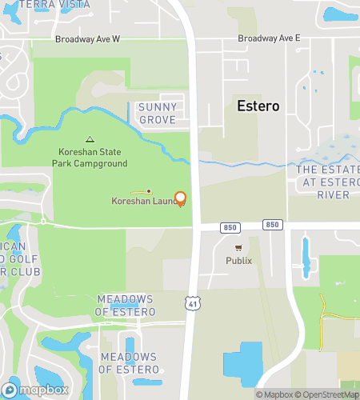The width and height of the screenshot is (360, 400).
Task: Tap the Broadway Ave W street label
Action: tap(87, 38)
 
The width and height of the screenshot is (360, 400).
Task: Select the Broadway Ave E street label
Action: tap(269, 38)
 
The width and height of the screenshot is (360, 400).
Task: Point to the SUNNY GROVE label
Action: tap(158, 114)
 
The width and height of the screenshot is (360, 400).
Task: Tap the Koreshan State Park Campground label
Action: tap(90, 158)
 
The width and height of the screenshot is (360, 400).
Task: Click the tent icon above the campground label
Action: tap(90, 138)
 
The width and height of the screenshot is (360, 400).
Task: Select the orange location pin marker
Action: tap(180, 198)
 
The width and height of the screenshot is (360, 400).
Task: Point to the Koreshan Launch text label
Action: tap(142, 201)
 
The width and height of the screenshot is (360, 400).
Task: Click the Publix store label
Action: tap(238, 261)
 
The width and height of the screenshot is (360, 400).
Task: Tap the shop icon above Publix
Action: tap(238, 249)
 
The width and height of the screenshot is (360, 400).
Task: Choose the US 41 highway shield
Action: tap(191, 302)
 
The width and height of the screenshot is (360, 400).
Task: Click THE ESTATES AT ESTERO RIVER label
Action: tap(328, 182)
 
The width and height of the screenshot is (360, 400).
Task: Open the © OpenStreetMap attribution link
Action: tap(328, 394)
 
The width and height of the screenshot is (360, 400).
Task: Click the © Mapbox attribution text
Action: tap(274, 394)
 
